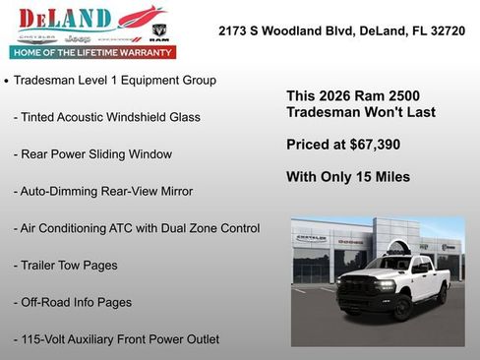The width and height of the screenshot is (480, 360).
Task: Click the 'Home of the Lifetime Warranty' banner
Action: (x=91, y=51)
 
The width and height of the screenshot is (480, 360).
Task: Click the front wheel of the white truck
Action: (x=400, y=307)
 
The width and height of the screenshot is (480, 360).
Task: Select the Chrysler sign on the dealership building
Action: (x=312, y=239)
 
